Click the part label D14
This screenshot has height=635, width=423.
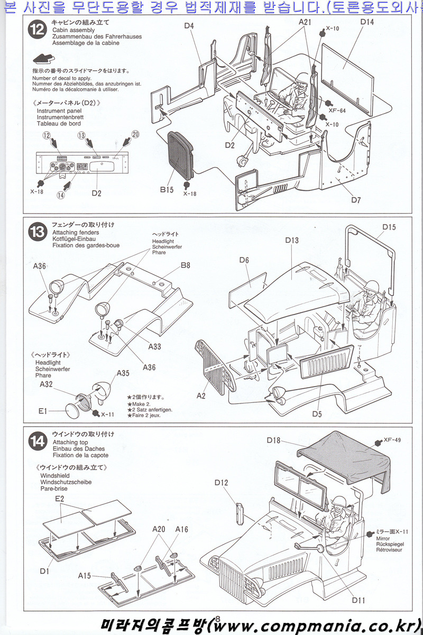[x=367, y=22]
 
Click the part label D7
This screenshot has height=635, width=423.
[x=355, y=200]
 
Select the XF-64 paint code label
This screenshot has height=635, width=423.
[x=337, y=111]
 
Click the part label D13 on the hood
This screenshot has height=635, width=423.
[x=292, y=241]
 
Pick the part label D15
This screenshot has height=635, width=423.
[x=389, y=227]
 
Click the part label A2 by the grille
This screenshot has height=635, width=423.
[x=201, y=395]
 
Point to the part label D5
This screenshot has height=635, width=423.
[x=316, y=414]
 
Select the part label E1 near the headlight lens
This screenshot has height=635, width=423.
[x=43, y=410]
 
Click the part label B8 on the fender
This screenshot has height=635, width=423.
[x=185, y=265]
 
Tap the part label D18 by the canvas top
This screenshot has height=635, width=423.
[x=273, y=440]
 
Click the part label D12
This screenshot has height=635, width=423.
[x=222, y=482]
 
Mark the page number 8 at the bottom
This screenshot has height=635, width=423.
[x=218, y=618]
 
